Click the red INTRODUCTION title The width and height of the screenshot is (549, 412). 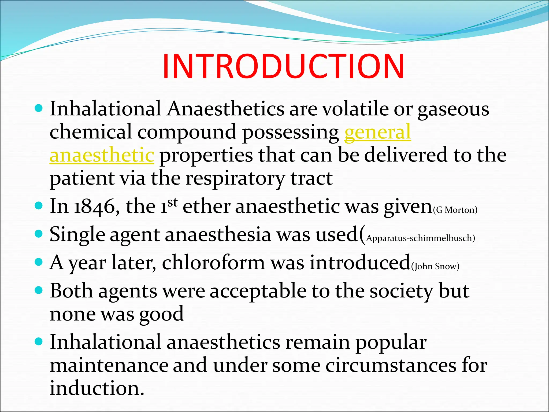(283, 67)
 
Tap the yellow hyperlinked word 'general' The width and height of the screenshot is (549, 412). (377, 132)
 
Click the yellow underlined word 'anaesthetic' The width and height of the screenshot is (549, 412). (102, 155)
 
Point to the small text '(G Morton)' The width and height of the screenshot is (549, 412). (455, 210)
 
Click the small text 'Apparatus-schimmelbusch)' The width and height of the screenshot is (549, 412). (420, 238)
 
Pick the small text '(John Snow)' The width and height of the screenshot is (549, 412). (435, 266)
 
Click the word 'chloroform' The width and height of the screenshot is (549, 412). (213, 262)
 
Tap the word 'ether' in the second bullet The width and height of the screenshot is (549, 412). (206, 207)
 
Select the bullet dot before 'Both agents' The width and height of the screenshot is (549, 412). (39, 290)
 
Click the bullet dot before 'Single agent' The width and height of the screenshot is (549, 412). (39, 234)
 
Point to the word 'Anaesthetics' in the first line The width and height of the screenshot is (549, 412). (225, 109)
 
